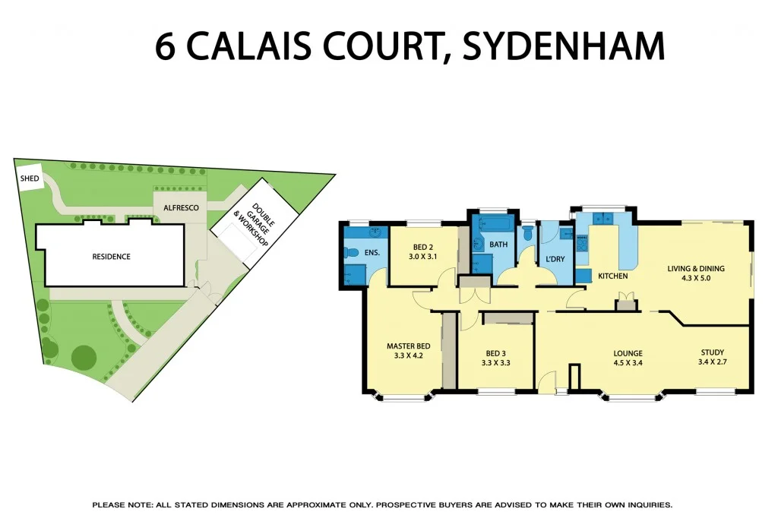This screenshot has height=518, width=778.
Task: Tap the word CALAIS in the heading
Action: (x=236, y=46)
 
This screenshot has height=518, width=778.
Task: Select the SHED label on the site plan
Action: (x=30, y=178)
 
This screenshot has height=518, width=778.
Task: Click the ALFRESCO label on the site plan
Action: (x=176, y=207)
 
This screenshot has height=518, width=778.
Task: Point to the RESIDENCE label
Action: (x=112, y=257)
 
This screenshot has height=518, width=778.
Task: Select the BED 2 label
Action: (x=423, y=248)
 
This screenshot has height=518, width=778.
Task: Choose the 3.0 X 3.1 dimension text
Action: (x=423, y=257)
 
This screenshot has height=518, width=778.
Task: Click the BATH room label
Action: (x=498, y=245)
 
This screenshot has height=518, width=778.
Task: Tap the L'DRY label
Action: (x=552, y=261)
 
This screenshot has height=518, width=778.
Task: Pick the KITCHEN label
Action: (x=612, y=276)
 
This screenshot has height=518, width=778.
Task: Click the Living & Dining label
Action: (x=695, y=268)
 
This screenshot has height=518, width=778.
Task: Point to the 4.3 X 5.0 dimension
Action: (x=695, y=278)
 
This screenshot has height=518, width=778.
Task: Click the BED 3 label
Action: (x=495, y=353)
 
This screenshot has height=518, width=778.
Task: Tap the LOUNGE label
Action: (x=628, y=353)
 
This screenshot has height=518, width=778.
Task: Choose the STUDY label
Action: (x=711, y=352)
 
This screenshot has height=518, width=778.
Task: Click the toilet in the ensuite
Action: (x=351, y=253)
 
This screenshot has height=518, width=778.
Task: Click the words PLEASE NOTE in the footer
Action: (x=121, y=505)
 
